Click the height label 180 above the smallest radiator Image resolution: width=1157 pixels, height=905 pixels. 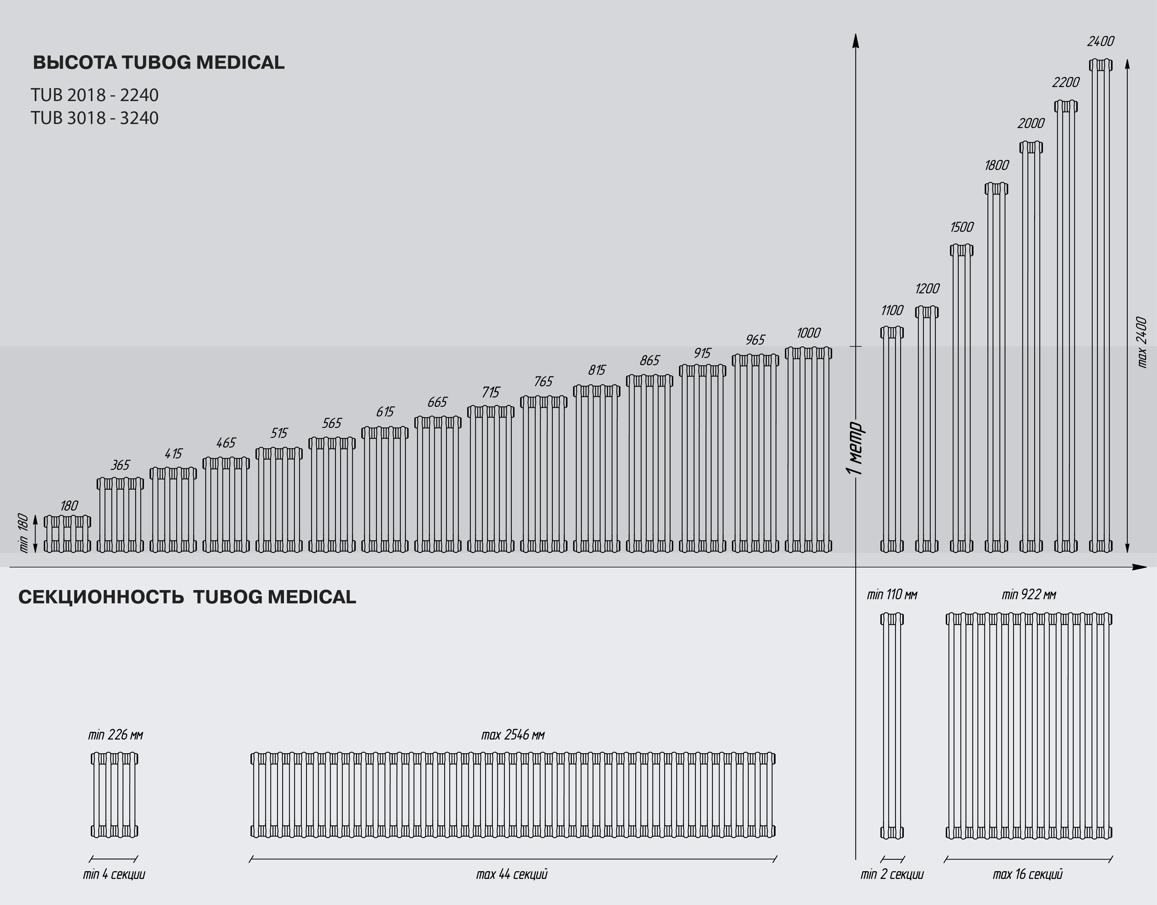[x=69, y=506]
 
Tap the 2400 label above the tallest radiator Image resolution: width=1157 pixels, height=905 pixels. [x=1100, y=41]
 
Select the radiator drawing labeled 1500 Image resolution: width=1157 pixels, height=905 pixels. [x=961, y=397]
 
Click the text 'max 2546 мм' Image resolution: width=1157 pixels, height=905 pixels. [x=512, y=735]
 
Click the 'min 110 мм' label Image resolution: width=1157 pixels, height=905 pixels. [x=892, y=595]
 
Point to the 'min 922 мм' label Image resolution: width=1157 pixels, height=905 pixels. [x=1029, y=595]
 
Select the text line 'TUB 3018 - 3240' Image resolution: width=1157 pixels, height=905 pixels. [x=94, y=118]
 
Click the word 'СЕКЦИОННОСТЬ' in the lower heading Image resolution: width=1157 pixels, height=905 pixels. [x=101, y=597]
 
